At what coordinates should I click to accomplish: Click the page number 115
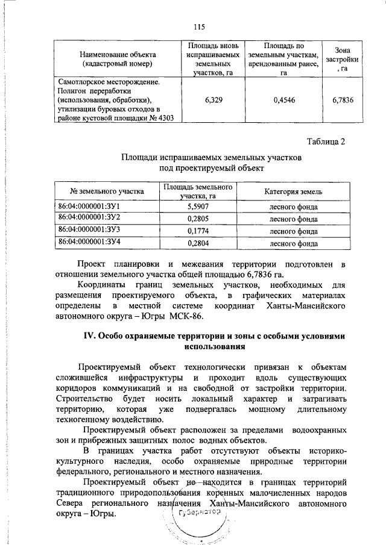click(x=200, y=26)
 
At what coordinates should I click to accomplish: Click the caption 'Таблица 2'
click(x=326, y=142)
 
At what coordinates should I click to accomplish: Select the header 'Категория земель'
click(x=293, y=192)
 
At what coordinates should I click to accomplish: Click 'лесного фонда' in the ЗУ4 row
click(x=293, y=243)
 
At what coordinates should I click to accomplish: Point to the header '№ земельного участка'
click(x=107, y=192)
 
